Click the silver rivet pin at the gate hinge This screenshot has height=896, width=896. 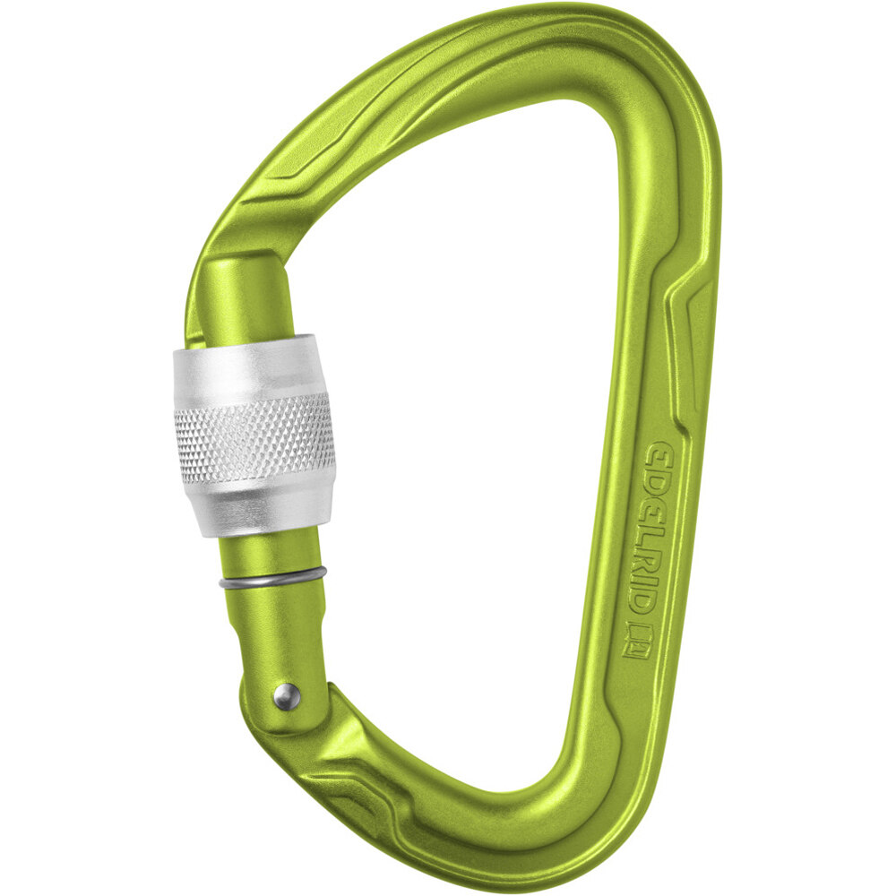286,696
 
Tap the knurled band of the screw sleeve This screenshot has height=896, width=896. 255,437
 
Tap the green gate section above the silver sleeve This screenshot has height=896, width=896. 248,296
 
